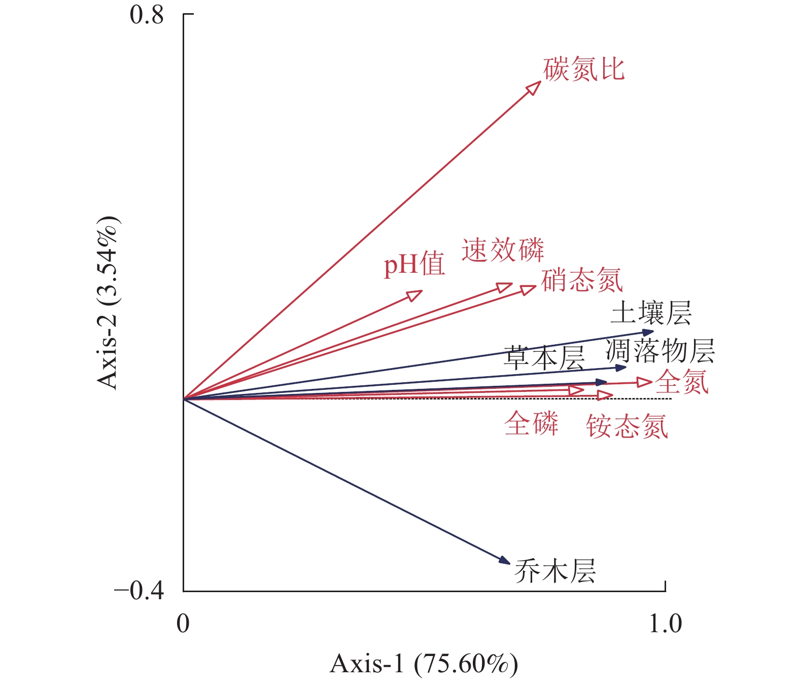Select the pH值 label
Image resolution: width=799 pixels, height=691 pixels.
click(x=414, y=265)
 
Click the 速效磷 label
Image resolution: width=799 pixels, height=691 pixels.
click(x=502, y=250)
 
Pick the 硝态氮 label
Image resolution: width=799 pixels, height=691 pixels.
click(x=581, y=280)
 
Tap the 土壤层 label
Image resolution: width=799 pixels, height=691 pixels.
click(x=651, y=313)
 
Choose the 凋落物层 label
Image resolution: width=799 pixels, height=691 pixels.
click(x=660, y=351)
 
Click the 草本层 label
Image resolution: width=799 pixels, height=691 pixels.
click(x=543, y=357)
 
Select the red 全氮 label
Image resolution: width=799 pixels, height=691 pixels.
click(x=681, y=382)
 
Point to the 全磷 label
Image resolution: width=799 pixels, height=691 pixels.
click(x=531, y=423)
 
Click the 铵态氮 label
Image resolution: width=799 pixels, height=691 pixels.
click(x=627, y=426)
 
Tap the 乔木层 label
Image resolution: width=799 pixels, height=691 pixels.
click(x=554, y=571)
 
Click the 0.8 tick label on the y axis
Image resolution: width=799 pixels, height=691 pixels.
click(x=147, y=15)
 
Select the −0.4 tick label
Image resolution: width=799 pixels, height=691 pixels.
click(x=139, y=591)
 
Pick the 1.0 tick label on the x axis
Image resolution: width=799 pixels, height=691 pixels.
click(x=665, y=624)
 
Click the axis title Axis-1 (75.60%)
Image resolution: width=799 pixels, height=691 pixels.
click(x=424, y=664)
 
